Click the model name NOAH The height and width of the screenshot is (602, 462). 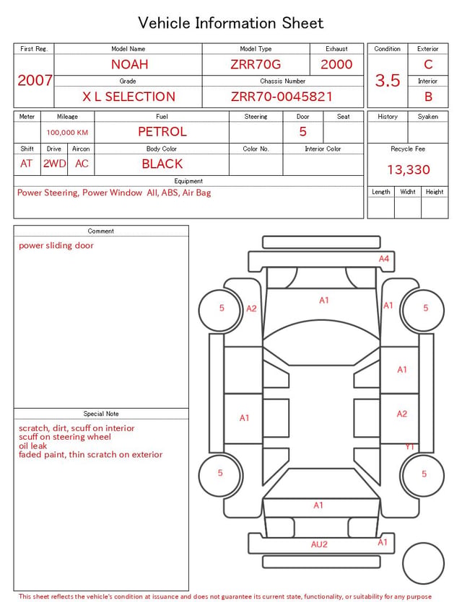tap(129, 64)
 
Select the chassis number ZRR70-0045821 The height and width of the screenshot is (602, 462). tap(282, 97)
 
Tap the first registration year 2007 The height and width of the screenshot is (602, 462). tap(35, 80)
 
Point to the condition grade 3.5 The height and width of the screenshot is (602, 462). tap(388, 81)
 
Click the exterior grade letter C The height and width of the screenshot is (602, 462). tap(428, 64)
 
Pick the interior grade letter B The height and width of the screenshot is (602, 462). tap(428, 97)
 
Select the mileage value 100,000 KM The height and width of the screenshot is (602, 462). tap(67, 133)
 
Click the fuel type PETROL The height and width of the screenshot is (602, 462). tap(162, 132)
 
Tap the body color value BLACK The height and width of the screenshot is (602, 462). tap(162, 164)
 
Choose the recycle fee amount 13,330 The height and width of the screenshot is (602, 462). tap(408, 169)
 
